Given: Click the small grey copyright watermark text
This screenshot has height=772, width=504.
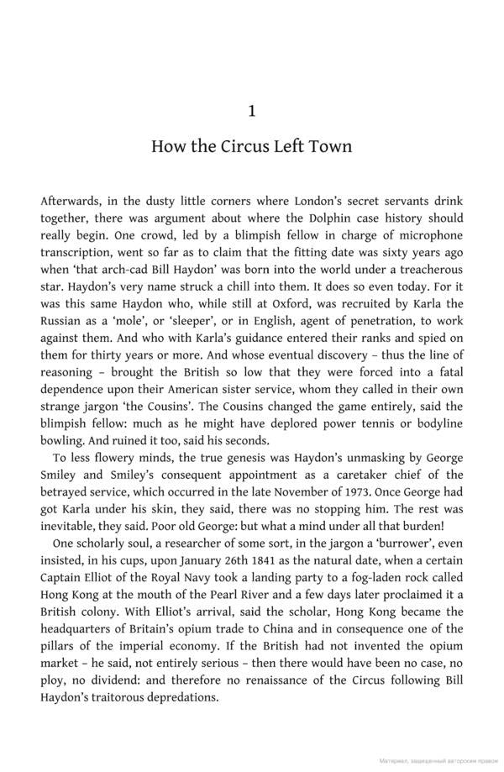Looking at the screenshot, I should (x=438, y=760).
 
